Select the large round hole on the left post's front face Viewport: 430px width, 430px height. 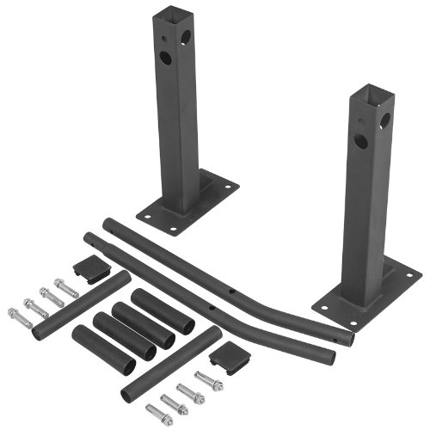pyautogui.click(x=165, y=58)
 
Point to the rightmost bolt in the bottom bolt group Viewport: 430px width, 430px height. pyautogui.click(x=209, y=378)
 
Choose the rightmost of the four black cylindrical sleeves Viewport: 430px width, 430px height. pyautogui.click(x=162, y=310)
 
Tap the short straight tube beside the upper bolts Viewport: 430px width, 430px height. pyautogui.click(x=82, y=306)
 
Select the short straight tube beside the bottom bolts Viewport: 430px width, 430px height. pyautogui.click(x=172, y=362)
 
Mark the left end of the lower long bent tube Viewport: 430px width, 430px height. pyautogui.click(x=88, y=237)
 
